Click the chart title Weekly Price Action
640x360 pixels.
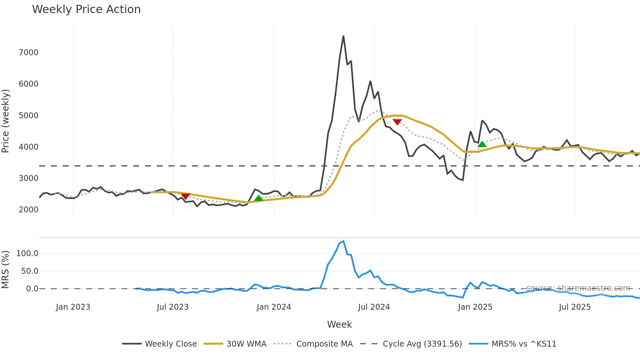pyautogui.click(x=86, y=9)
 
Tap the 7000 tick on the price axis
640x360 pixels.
pyautogui.click(x=28, y=53)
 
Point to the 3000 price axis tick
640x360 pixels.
pyautogui.click(x=28, y=178)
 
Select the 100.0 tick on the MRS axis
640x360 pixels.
pyautogui.click(x=27, y=254)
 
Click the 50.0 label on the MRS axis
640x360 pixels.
pyautogui.click(x=29, y=271)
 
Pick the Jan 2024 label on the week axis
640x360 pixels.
pyautogui.click(x=274, y=307)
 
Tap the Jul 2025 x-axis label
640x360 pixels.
pyautogui.click(x=575, y=307)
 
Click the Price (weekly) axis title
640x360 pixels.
pyautogui.click(x=6, y=121)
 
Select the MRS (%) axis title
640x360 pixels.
pyautogui.click(x=6, y=270)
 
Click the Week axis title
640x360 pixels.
pyautogui.click(x=339, y=324)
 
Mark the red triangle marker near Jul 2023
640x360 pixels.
pyautogui.click(x=185, y=196)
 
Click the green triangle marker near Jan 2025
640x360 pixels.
pyautogui.click(x=482, y=144)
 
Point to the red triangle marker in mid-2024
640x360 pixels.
pyautogui.click(x=397, y=122)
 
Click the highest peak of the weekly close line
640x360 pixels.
pyautogui.click(x=343, y=36)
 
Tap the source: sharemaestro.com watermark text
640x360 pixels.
pyautogui.click(x=578, y=288)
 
